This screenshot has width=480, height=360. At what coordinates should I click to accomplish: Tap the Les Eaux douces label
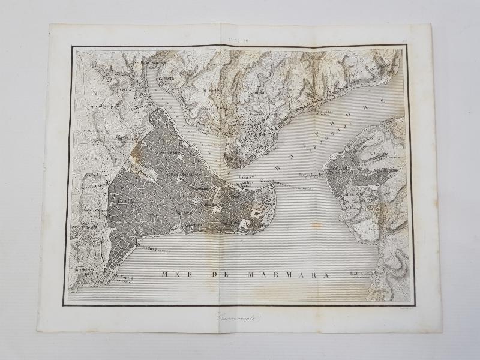144,62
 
